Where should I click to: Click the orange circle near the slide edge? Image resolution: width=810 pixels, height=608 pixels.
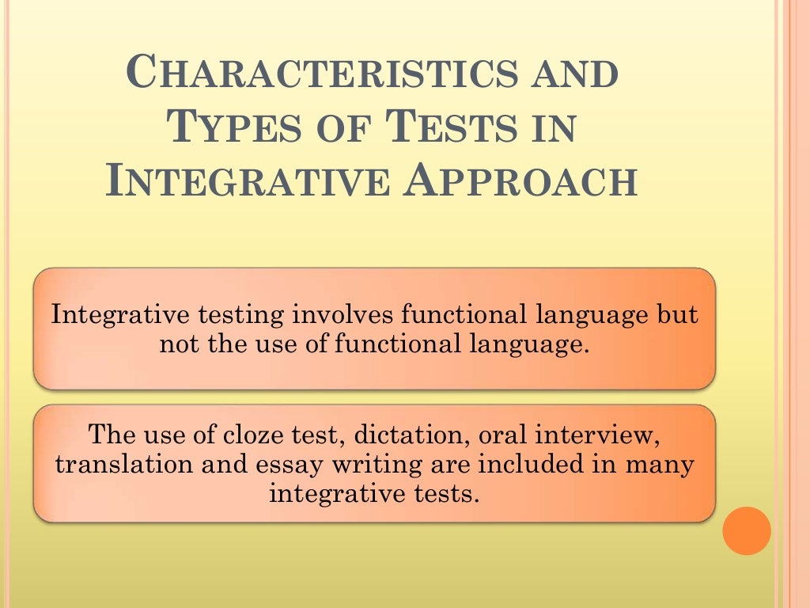pos(747,530)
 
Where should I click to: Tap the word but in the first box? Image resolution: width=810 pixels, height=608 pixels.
pos(678,315)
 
